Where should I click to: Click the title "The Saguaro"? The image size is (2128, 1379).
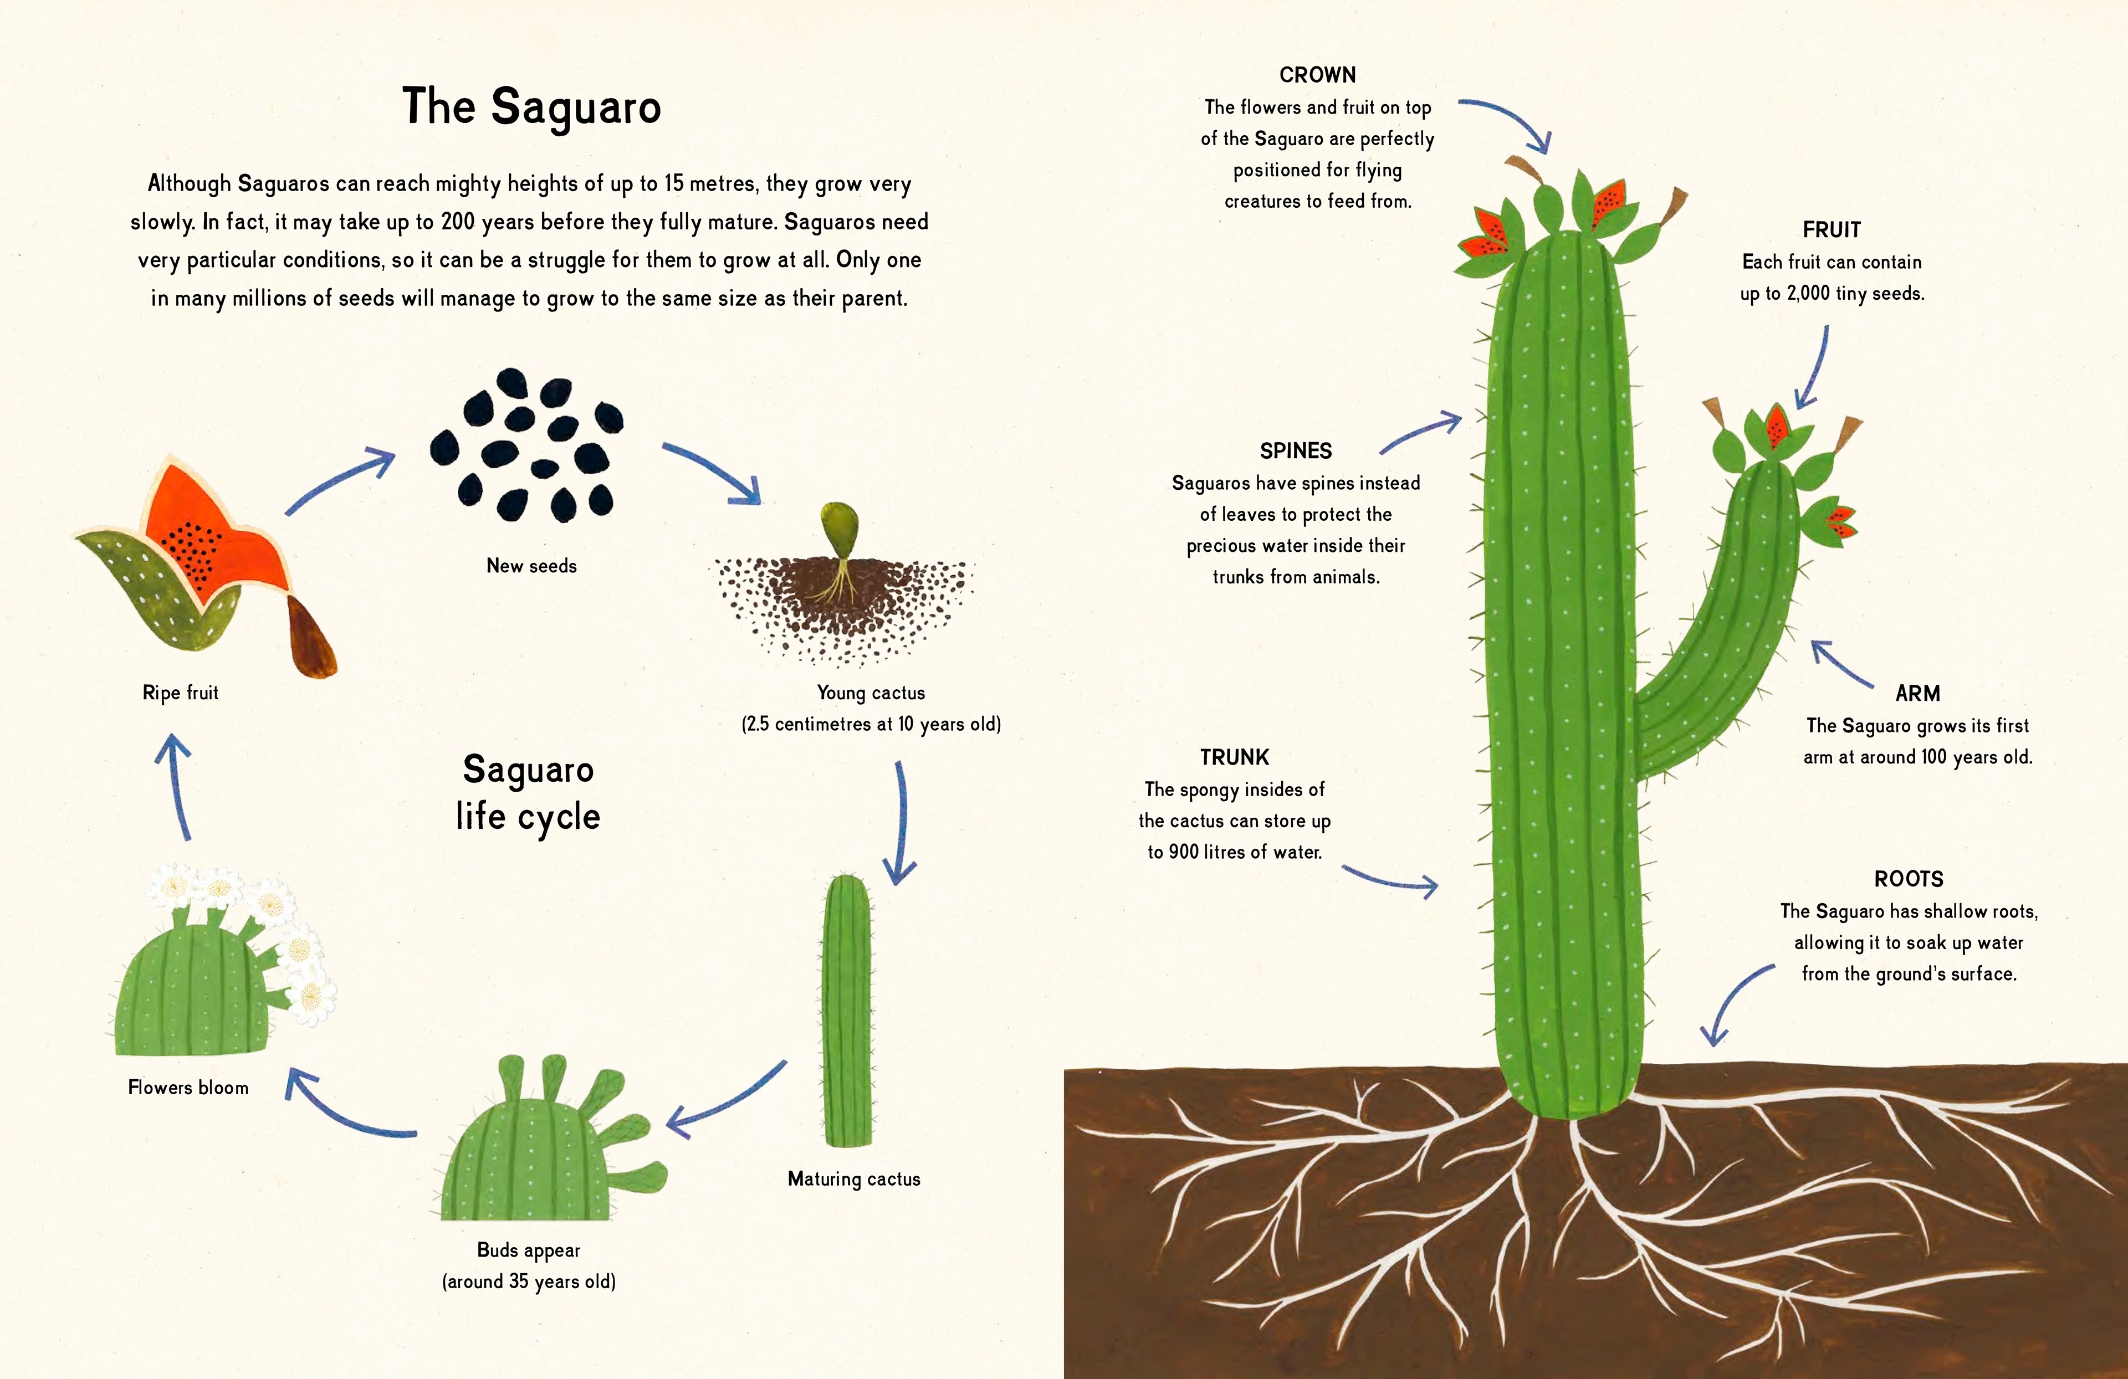click(x=531, y=108)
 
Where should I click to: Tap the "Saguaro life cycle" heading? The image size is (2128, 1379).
click(x=528, y=793)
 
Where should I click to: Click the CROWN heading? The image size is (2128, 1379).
click(x=1317, y=75)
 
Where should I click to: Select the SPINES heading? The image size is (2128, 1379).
click(x=1296, y=452)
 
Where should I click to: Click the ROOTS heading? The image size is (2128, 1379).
click(x=1908, y=879)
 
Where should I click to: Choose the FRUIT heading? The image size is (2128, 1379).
click(x=1831, y=230)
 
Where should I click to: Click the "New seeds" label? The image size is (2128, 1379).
click(x=531, y=566)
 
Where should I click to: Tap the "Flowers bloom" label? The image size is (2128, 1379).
click(x=188, y=1088)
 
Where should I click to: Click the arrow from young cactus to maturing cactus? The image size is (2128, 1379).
click(x=901, y=822)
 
